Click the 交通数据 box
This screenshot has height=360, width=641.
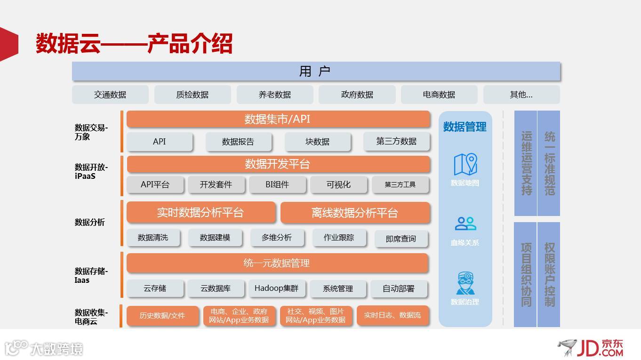(x=110, y=95)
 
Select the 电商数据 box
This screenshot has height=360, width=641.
(x=439, y=95)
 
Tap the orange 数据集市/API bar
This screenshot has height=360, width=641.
(x=278, y=119)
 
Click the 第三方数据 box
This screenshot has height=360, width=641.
(x=396, y=141)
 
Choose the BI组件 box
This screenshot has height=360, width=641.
(x=277, y=184)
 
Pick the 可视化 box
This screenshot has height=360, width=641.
(x=338, y=184)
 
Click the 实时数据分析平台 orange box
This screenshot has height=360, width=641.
(x=200, y=213)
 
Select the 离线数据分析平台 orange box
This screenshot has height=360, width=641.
(x=355, y=213)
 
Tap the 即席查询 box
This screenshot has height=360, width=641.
(x=401, y=239)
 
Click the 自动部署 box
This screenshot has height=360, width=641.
(x=399, y=288)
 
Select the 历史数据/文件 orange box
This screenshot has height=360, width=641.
(x=162, y=315)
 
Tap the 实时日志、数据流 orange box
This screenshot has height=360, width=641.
(x=393, y=315)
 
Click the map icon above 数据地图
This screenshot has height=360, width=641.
(x=465, y=164)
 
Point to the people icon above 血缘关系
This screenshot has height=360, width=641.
(x=465, y=224)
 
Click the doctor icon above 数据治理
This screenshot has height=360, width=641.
(x=465, y=283)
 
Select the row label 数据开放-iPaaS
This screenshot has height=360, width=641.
(x=91, y=172)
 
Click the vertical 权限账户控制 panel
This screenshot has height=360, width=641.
(x=549, y=274)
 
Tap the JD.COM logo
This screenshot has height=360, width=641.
(x=591, y=348)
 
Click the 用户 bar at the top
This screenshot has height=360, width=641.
(x=316, y=71)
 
